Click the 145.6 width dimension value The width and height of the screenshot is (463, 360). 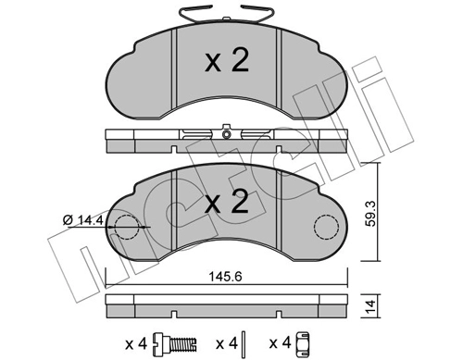[226, 277]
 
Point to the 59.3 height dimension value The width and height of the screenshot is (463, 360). [370, 214]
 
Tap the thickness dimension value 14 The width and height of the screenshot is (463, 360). [370, 305]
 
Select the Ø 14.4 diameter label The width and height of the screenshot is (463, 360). [82, 220]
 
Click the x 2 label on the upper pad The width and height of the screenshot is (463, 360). [227, 61]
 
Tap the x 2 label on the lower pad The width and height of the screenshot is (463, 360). [227, 202]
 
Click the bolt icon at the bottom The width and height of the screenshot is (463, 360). [175, 343]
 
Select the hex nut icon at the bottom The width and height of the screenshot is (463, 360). [303, 342]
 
